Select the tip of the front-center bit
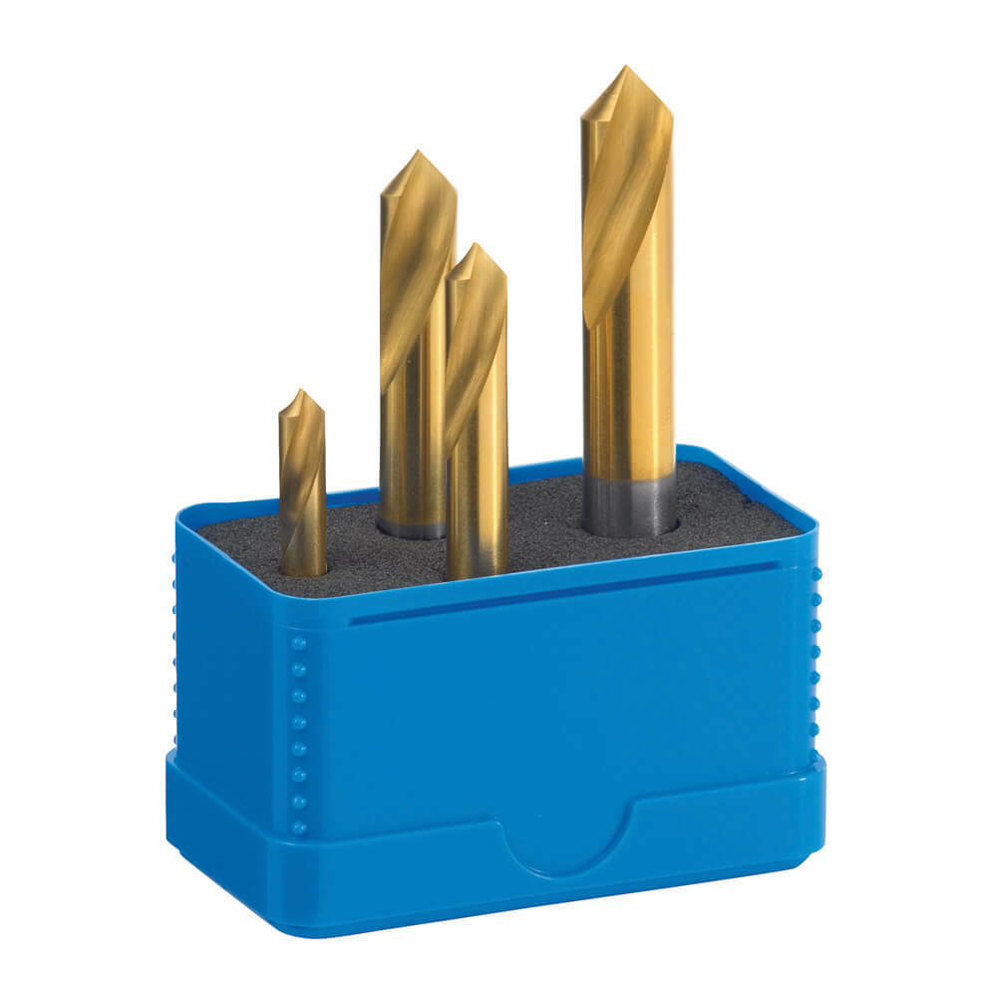tap(477, 244)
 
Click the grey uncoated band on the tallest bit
tap(628, 502)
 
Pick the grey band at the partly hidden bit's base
tap(409, 526)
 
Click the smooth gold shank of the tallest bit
tap(630, 399)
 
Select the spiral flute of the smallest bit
tap(301, 469)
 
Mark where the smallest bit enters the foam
tap(303, 570)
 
